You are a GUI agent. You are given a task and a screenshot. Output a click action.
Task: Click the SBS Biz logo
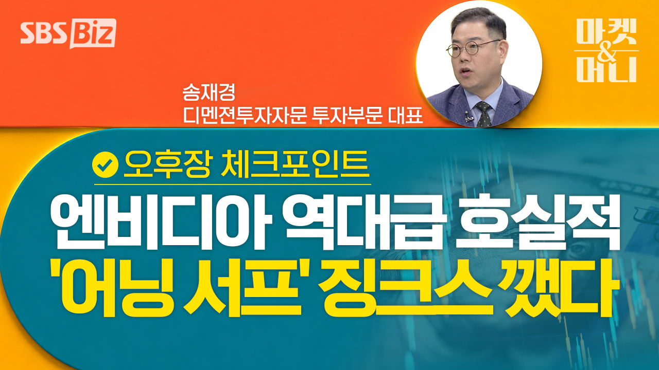[68, 33]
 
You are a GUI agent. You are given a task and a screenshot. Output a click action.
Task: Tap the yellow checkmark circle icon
[105, 164]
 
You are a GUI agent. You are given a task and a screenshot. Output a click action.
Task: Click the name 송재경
[209, 93]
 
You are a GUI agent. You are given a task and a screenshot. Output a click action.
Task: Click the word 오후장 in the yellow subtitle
[166, 164]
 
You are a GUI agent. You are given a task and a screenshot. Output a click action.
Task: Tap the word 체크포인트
[296, 164]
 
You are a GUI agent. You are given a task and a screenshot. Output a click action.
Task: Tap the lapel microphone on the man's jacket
[467, 116]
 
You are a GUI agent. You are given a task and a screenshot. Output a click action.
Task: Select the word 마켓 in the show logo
[606, 31]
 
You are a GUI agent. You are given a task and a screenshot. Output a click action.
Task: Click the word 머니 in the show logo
[606, 69]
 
